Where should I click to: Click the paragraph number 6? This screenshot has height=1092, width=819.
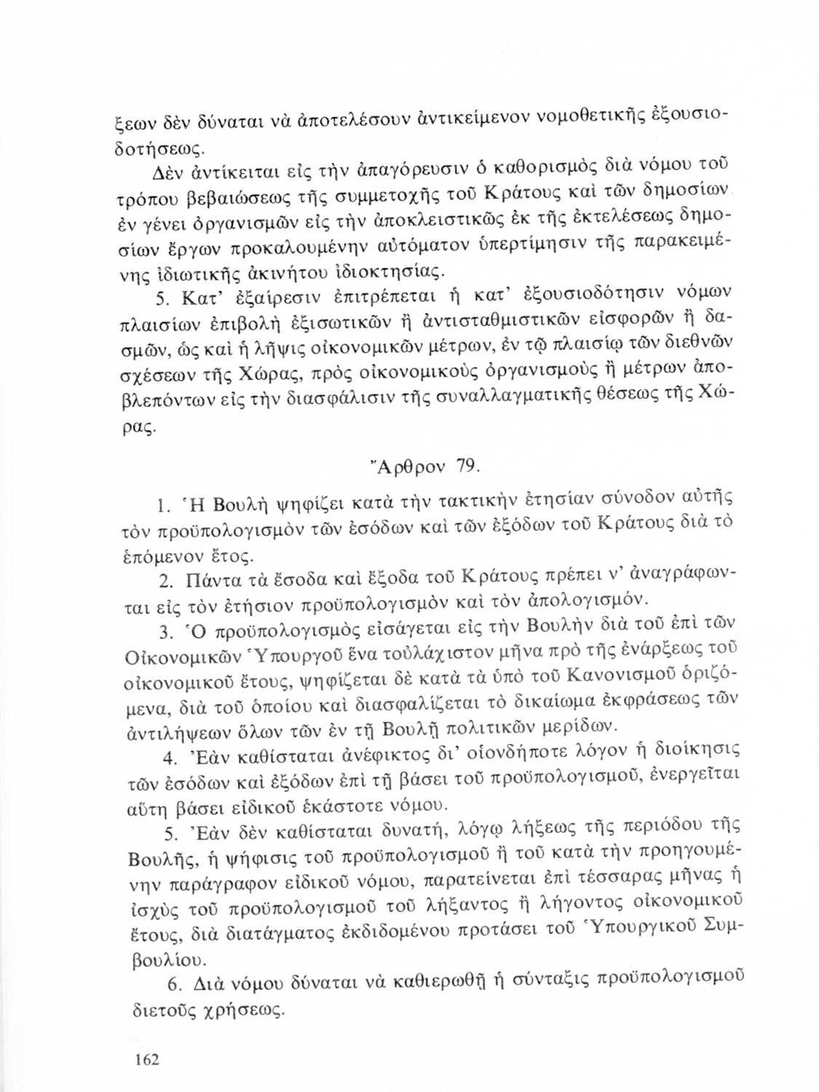(173, 985)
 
